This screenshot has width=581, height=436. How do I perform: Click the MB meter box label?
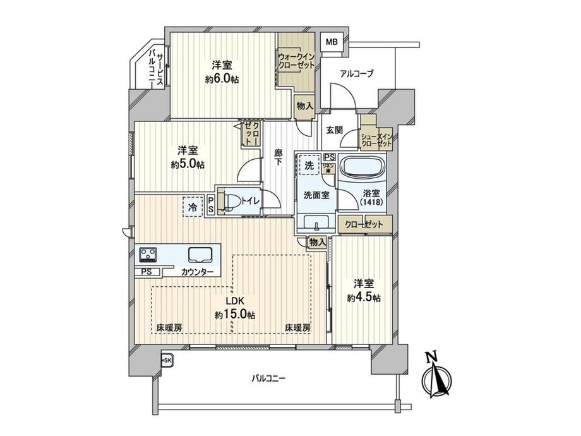pyautogui.click(x=332, y=42)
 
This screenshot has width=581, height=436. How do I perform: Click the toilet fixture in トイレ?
pyautogui.click(x=230, y=202)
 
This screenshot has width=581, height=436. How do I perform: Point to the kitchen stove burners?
pyautogui.click(x=149, y=255)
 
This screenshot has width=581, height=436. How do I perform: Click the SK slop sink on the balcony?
pyautogui.click(x=167, y=360)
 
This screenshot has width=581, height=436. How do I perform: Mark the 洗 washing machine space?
pyautogui.click(x=309, y=165)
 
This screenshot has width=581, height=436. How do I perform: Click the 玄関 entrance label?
pyautogui.click(x=334, y=130)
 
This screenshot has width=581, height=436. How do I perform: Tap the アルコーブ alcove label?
pyautogui.click(x=357, y=74)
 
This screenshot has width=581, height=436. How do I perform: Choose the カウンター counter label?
pyautogui.click(x=197, y=272)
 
